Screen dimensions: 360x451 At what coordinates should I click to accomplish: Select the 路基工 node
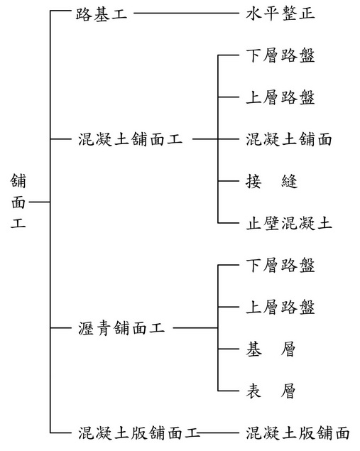(102, 13)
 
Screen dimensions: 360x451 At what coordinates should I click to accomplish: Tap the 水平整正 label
(280, 13)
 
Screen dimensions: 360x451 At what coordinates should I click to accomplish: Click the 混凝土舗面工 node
(130, 139)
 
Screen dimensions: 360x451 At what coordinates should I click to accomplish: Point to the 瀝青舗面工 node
(121, 328)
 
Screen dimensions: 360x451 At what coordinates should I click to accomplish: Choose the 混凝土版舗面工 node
(139, 433)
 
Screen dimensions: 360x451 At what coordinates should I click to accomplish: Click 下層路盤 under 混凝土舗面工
(280, 55)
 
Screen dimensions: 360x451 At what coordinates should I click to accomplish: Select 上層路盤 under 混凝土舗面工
(280, 97)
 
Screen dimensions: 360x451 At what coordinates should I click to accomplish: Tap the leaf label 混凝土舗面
(289, 139)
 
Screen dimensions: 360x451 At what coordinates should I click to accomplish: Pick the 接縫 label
(272, 182)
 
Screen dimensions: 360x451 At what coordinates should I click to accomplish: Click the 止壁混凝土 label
(289, 224)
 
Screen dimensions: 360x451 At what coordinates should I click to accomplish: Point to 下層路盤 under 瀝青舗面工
(280, 265)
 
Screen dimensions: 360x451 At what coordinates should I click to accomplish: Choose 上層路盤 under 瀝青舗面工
(280, 308)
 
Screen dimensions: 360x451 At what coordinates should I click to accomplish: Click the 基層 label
(271, 349)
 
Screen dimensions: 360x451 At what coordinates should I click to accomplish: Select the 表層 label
(271, 391)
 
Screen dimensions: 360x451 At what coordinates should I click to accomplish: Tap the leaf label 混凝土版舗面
(298, 433)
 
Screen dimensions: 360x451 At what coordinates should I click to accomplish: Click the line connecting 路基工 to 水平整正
(187, 13)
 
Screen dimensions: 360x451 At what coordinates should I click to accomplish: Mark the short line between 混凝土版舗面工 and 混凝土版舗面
(219, 433)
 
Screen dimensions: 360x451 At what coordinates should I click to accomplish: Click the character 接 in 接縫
(254, 182)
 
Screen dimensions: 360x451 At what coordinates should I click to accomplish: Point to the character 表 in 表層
(254, 391)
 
